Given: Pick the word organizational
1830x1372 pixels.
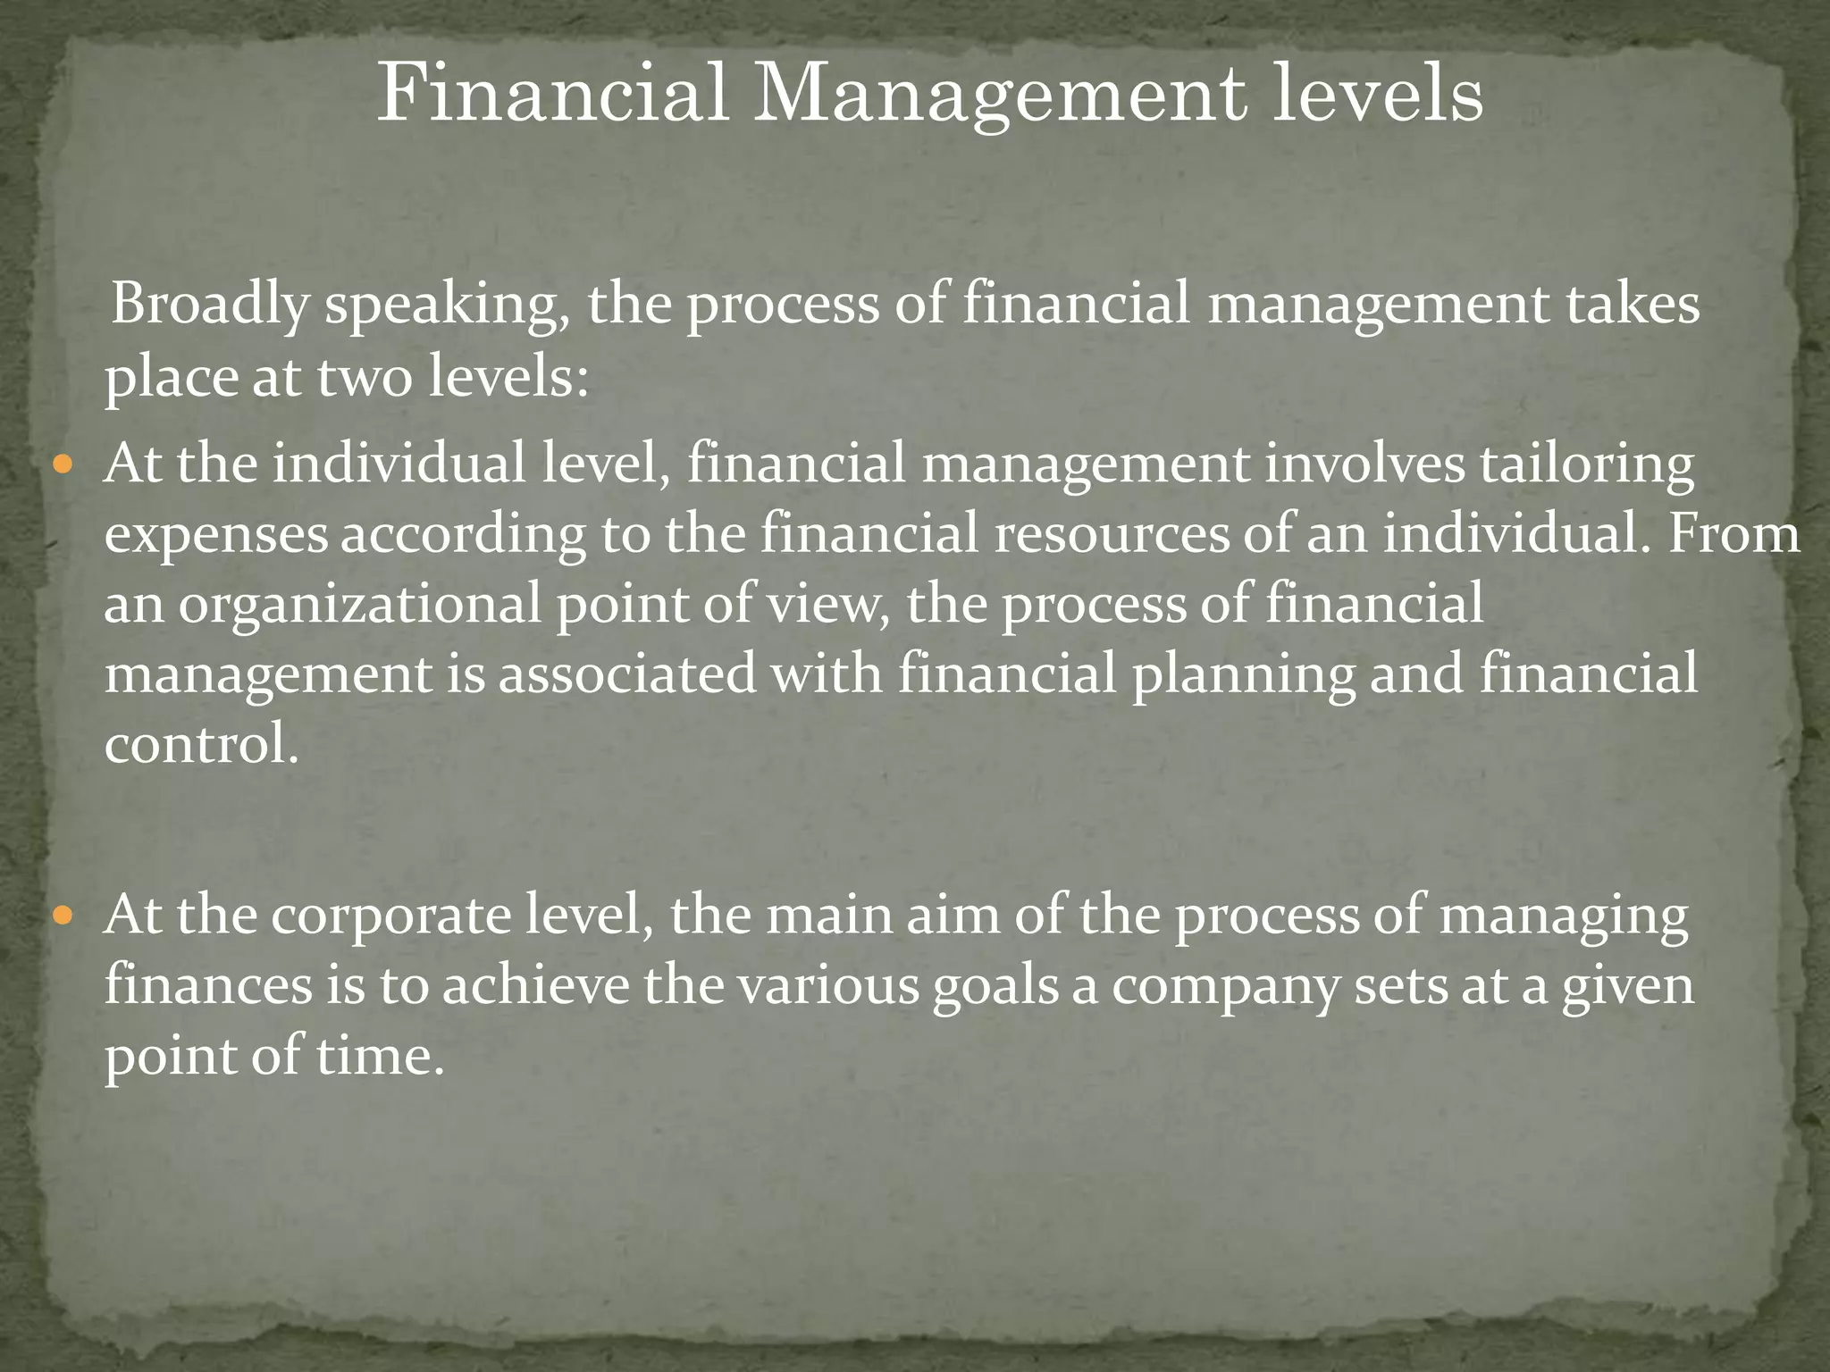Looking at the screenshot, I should (360, 606).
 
